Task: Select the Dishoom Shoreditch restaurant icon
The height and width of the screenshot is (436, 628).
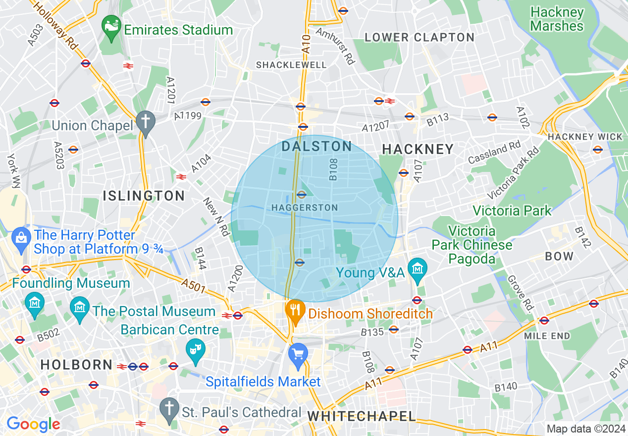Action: point(296,311)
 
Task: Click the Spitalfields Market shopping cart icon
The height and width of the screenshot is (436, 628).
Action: point(298,355)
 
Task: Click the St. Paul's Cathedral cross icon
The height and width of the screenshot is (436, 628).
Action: point(169,409)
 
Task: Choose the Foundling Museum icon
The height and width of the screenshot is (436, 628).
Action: point(35,303)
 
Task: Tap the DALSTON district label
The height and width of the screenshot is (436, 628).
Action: point(316,146)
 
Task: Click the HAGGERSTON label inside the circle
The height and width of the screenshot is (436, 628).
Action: point(305,208)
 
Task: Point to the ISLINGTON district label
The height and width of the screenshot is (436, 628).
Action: point(144,196)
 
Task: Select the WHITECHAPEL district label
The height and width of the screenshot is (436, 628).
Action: point(362,416)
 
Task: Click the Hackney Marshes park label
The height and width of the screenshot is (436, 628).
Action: point(557,19)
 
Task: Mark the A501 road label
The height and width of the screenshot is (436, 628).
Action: point(194,286)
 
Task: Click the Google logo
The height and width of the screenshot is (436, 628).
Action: point(33,424)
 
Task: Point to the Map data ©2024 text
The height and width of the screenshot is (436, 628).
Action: point(585,429)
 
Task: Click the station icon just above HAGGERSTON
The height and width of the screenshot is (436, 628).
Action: point(302,195)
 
